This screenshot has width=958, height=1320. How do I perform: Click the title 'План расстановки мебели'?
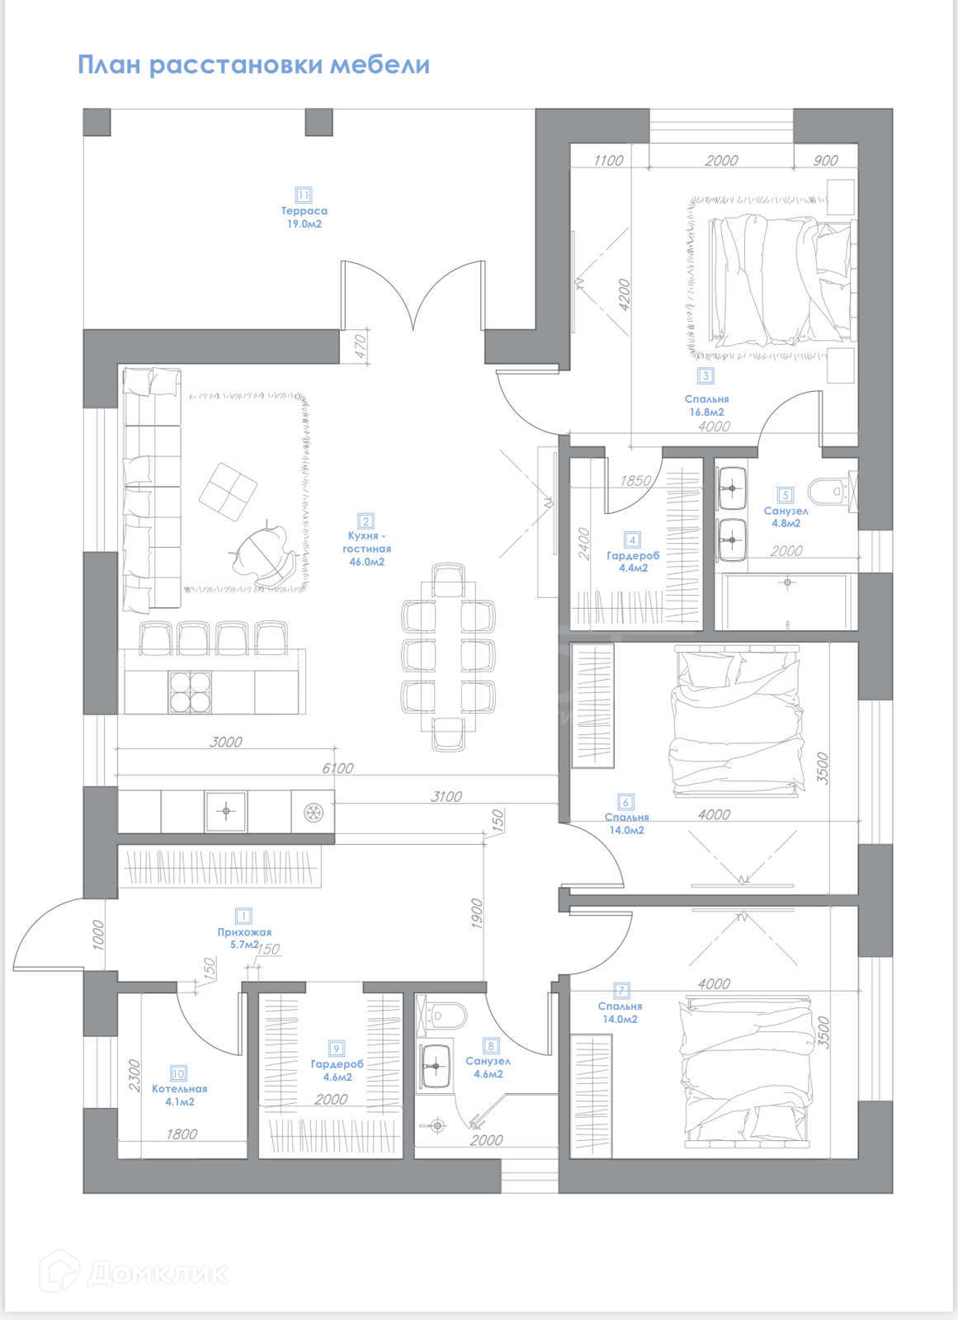pyautogui.click(x=253, y=64)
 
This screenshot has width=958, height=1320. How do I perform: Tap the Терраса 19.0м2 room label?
pyautogui.click(x=304, y=217)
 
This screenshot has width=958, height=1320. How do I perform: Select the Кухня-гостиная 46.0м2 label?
pyautogui.click(x=366, y=548)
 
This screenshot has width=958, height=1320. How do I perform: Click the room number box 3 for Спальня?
pyautogui.click(x=706, y=375)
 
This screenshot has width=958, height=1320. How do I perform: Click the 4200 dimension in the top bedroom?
pyautogui.click(x=625, y=295)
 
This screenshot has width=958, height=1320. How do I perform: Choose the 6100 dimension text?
pyautogui.click(x=337, y=768)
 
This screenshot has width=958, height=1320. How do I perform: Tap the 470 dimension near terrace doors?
pyautogui.click(x=361, y=346)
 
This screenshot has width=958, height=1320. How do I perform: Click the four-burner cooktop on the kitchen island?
pyautogui.click(x=190, y=692)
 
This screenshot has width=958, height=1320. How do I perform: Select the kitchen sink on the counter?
pyautogui.click(x=226, y=812)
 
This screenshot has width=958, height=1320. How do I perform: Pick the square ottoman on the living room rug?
pyautogui.click(x=228, y=492)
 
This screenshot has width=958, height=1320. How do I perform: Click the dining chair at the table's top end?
pyautogui.click(x=448, y=580)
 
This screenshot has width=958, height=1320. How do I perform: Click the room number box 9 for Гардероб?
pyautogui.click(x=337, y=1049)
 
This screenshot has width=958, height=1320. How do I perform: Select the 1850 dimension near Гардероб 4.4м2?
pyautogui.click(x=635, y=481)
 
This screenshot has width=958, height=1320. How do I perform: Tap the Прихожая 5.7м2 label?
pyautogui.click(x=244, y=938)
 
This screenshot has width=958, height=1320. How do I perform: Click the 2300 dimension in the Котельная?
pyautogui.click(x=135, y=1076)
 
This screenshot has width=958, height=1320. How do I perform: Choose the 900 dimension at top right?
pyautogui.click(x=825, y=160)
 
